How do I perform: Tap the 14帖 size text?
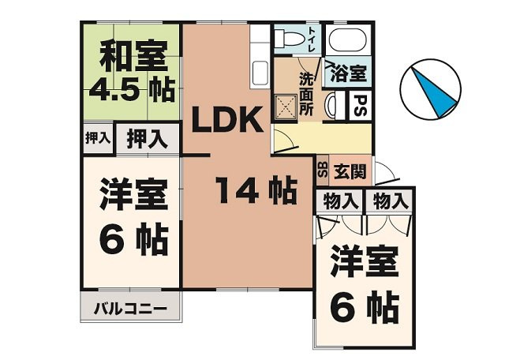[x=256, y=190]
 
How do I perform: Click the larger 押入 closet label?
[x=148, y=139]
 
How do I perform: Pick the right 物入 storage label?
[x=391, y=201]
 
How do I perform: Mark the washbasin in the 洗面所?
[x=331, y=103]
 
